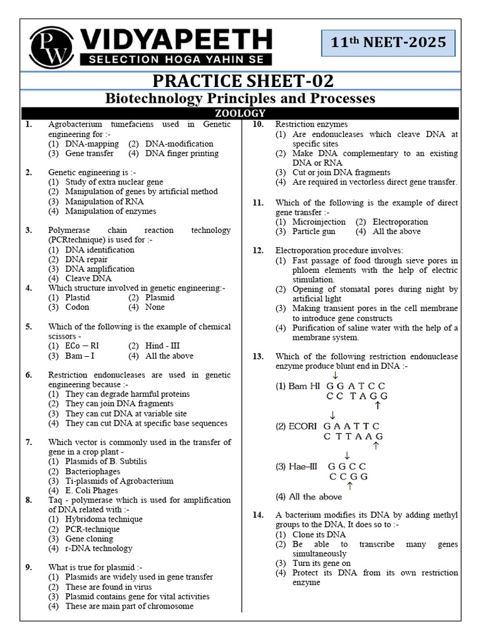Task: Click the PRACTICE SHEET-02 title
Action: click(x=240, y=81)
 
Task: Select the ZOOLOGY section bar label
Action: click(x=240, y=113)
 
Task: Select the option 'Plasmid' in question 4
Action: click(x=159, y=297)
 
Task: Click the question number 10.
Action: click(x=257, y=125)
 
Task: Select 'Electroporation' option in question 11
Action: click(x=400, y=222)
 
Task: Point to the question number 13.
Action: click(x=257, y=356)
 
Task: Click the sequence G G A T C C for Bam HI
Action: click(x=356, y=386)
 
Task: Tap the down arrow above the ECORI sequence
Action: click(x=332, y=416)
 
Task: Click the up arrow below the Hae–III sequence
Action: click(x=349, y=485)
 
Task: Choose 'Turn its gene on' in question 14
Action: click(x=321, y=563)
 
